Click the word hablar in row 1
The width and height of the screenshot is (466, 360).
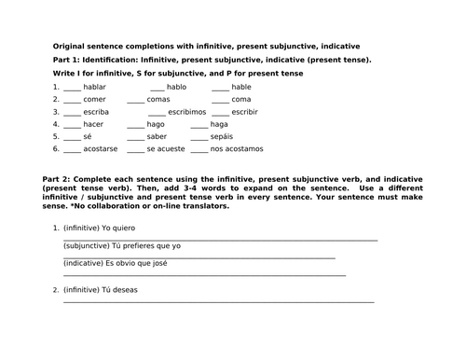click(x=94, y=87)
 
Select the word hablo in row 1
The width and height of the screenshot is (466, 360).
click(x=176, y=87)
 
